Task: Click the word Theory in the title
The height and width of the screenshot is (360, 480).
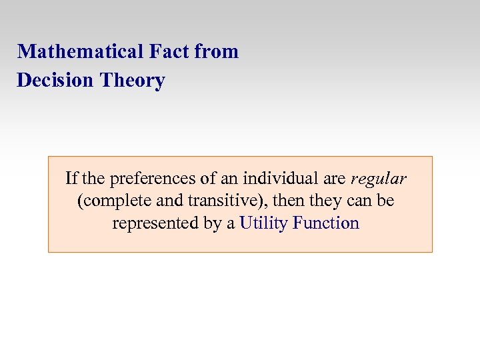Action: pyautogui.click(x=132, y=81)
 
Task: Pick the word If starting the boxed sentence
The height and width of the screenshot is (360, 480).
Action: pyautogui.click(x=71, y=179)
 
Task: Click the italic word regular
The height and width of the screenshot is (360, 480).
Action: pyautogui.click(x=378, y=179)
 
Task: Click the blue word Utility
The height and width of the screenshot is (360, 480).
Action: pyautogui.click(x=263, y=223)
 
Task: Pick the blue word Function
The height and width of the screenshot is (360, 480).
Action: pyautogui.click(x=325, y=223)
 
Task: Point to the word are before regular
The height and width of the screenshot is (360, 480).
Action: pyautogui.click(x=333, y=179)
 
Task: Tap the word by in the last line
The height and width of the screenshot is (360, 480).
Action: pyautogui.click(x=213, y=223)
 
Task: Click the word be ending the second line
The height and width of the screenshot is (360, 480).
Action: pyautogui.click(x=385, y=201)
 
